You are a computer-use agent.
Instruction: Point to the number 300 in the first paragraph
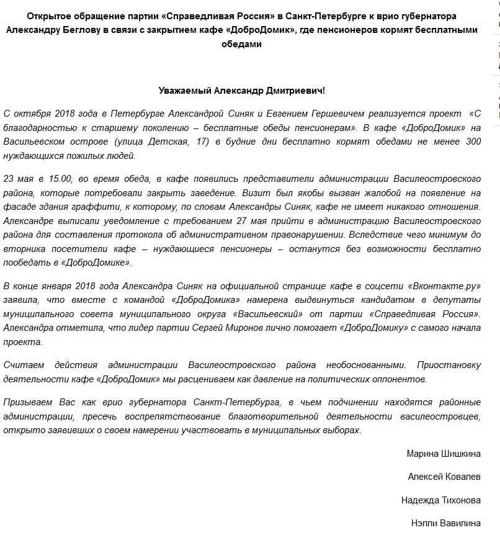pos(473,142)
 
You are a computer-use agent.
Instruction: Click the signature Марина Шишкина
pos(444,454)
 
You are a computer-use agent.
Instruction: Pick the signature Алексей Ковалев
pos(444,477)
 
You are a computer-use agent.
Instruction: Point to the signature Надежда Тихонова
pos(441,500)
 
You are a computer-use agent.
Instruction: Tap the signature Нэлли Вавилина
pos(446,523)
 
